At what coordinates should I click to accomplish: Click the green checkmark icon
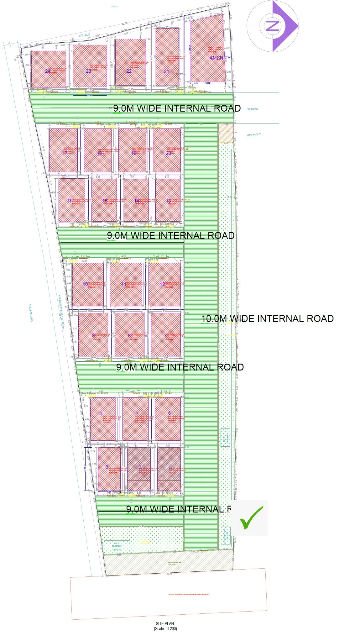[251, 518]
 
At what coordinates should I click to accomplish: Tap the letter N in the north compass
[272, 26]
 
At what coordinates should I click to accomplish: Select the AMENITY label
[220, 58]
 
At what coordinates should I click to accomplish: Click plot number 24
[48, 71]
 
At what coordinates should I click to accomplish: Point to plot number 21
[166, 71]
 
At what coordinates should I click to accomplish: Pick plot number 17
[65, 153]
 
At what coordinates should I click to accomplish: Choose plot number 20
[169, 153]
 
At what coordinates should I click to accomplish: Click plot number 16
[70, 201]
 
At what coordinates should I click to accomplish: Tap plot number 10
[85, 284]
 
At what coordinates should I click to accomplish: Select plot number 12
[162, 284]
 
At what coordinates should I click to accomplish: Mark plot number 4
[101, 413]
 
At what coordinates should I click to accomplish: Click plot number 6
[170, 413]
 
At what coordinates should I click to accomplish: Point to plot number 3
[107, 467]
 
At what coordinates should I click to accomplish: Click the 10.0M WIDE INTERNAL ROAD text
[267, 318]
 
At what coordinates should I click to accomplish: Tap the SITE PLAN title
[165, 623]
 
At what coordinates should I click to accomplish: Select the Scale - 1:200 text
[165, 628]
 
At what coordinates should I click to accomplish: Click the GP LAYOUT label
[254, 135]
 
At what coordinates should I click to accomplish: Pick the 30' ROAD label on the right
[253, 109]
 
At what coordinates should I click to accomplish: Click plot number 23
[88, 71]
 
